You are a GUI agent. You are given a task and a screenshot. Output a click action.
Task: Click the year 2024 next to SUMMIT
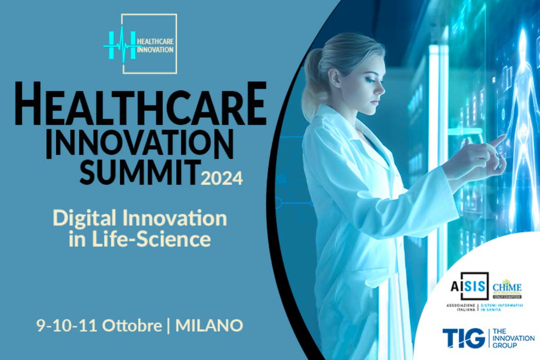222,179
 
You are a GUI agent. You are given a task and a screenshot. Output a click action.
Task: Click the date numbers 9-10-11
68,325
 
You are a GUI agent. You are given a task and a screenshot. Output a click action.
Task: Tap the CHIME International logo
506,288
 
